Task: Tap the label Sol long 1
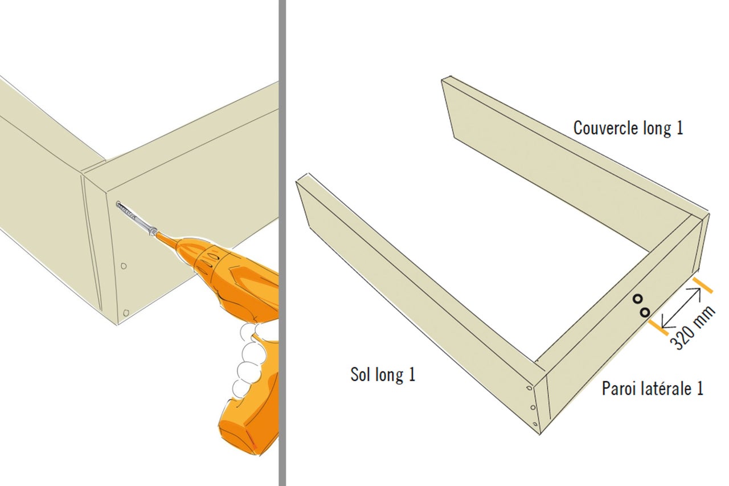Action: point(383,375)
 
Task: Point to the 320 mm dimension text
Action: point(693,328)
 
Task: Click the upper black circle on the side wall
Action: point(637,299)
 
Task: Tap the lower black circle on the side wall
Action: point(645,312)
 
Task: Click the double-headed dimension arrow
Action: point(681,308)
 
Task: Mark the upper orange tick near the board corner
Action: point(703,285)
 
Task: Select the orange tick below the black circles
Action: point(658,328)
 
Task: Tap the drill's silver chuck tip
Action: point(151,231)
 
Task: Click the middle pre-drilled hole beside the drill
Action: point(124,266)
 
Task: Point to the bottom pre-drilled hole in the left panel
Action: point(126,313)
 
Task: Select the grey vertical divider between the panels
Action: point(282,243)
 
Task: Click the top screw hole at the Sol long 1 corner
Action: point(529,388)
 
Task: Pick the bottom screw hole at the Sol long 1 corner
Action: point(535,424)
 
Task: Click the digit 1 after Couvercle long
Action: point(679,128)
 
